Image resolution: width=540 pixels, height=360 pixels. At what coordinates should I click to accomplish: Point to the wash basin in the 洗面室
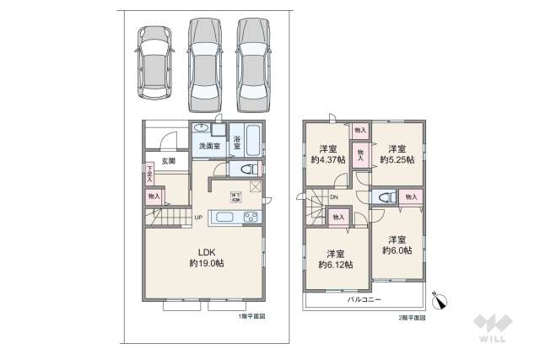tap(202, 128)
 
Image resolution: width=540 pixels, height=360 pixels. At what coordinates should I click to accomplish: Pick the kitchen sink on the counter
tap(226, 218)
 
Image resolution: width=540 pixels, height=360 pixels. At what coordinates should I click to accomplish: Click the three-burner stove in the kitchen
tap(251, 218)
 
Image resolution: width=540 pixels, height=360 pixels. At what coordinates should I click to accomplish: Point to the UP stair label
tap(198, 218)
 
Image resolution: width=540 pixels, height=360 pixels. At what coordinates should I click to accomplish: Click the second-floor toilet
tap(384, 198)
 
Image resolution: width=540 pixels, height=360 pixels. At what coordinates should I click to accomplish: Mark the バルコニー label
tap(364, 299)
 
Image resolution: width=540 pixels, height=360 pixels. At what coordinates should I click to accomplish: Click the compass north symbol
tap(439, 299)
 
